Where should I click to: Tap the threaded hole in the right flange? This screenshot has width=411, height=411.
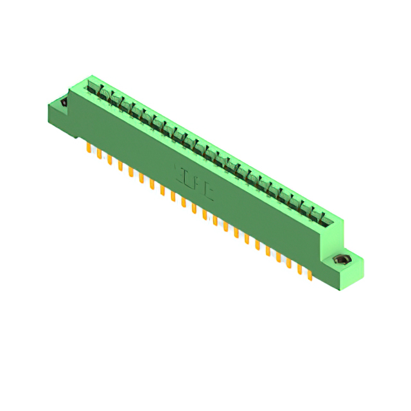pyautogui.click(x=340, y=260)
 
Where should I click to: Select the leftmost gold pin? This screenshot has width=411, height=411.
pyautogui.click(x=88, y=148)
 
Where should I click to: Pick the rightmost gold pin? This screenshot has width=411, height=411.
pyautogui.click(x=310, y=274)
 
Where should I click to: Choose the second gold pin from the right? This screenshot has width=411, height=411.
pyautogui.click(x=299, y=268)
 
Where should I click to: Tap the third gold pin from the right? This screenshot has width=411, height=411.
pyautogui.click(x=288, y=263)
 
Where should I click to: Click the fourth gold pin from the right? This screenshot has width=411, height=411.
pyautogui.click(x=278, y=256)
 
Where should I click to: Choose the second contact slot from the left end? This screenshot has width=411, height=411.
pyautogui.click(x=102, y=96)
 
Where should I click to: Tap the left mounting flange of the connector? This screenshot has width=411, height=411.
pyautogui.click(x=59, y=112)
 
